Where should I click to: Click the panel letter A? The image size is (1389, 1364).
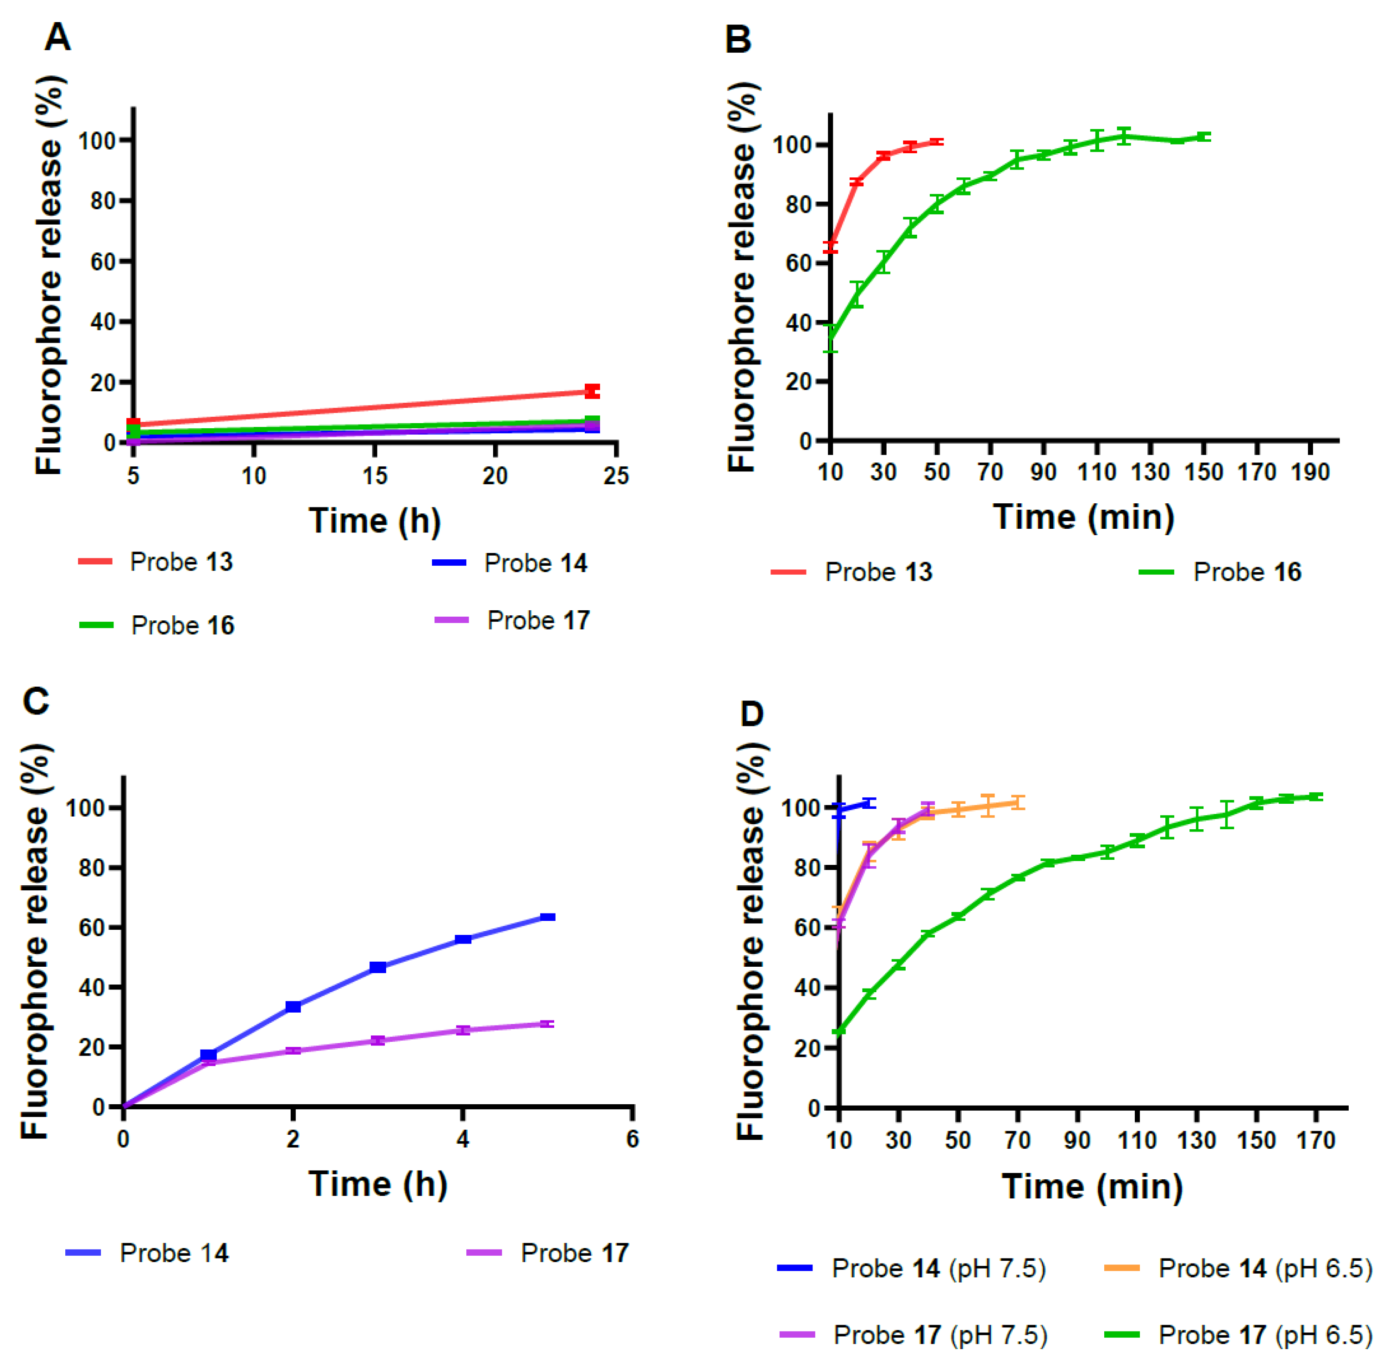58,37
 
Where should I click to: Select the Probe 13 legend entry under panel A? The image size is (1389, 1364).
156,562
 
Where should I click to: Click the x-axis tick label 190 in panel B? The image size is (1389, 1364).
1310,472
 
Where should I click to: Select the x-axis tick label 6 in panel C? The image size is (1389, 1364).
632,1139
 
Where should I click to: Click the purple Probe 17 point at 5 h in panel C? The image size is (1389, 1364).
547,1024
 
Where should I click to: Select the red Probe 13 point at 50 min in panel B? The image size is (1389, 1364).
936,142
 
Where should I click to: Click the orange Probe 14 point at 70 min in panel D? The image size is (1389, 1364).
1017,802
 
